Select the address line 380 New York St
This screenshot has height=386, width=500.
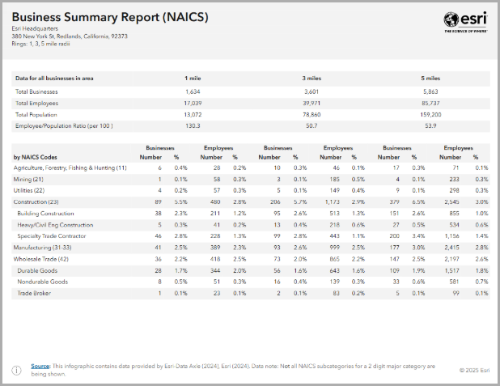70,36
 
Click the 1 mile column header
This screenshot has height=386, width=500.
192,78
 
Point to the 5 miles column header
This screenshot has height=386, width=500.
431,78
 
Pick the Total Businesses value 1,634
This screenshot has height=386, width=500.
192,91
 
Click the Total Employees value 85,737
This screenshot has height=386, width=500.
431,104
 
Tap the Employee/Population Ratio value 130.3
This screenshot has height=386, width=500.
192,126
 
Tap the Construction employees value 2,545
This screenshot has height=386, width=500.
451,201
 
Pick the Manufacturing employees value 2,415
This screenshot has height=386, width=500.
451,245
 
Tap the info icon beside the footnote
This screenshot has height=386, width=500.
16,370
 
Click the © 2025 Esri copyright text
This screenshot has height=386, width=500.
472,370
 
